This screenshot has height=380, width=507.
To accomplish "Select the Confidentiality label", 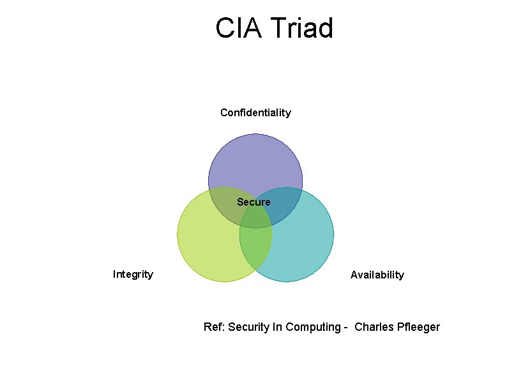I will [x=255, y=112].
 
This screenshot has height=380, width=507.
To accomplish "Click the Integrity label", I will [x=133, y=275].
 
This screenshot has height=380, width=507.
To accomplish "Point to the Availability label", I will [x=377, y=275].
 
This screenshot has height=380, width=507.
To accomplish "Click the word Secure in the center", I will [x=253, y=202].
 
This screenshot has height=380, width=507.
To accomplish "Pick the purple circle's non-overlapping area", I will [x=255, y=160].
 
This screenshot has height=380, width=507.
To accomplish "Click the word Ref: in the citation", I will [x=214, y=327].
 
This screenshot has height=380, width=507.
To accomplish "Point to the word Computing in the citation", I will [x=312, y=327].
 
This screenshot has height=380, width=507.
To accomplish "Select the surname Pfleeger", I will [x=418, y=327].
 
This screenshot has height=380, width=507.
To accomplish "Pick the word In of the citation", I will [x=278, y=327].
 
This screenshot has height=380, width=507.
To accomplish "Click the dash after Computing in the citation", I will [x=345, y=328].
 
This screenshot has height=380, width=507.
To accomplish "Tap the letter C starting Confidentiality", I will [x=224, y=112].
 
